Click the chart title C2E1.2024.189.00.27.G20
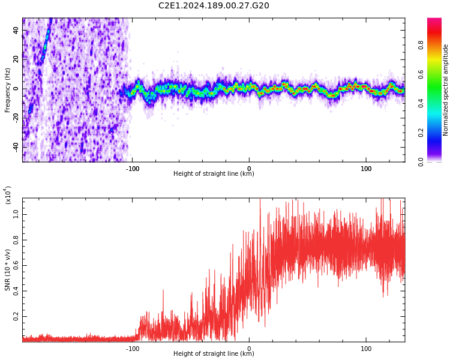214,6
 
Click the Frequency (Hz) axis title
7,90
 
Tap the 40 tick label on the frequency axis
16,30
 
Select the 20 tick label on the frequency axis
16,59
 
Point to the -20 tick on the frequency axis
15,118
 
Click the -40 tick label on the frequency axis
15,146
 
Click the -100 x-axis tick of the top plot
133,169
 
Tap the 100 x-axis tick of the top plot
366,169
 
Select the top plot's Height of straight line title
214,174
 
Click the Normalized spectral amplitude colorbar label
446,90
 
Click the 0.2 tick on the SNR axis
16,316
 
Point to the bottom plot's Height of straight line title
214,354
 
